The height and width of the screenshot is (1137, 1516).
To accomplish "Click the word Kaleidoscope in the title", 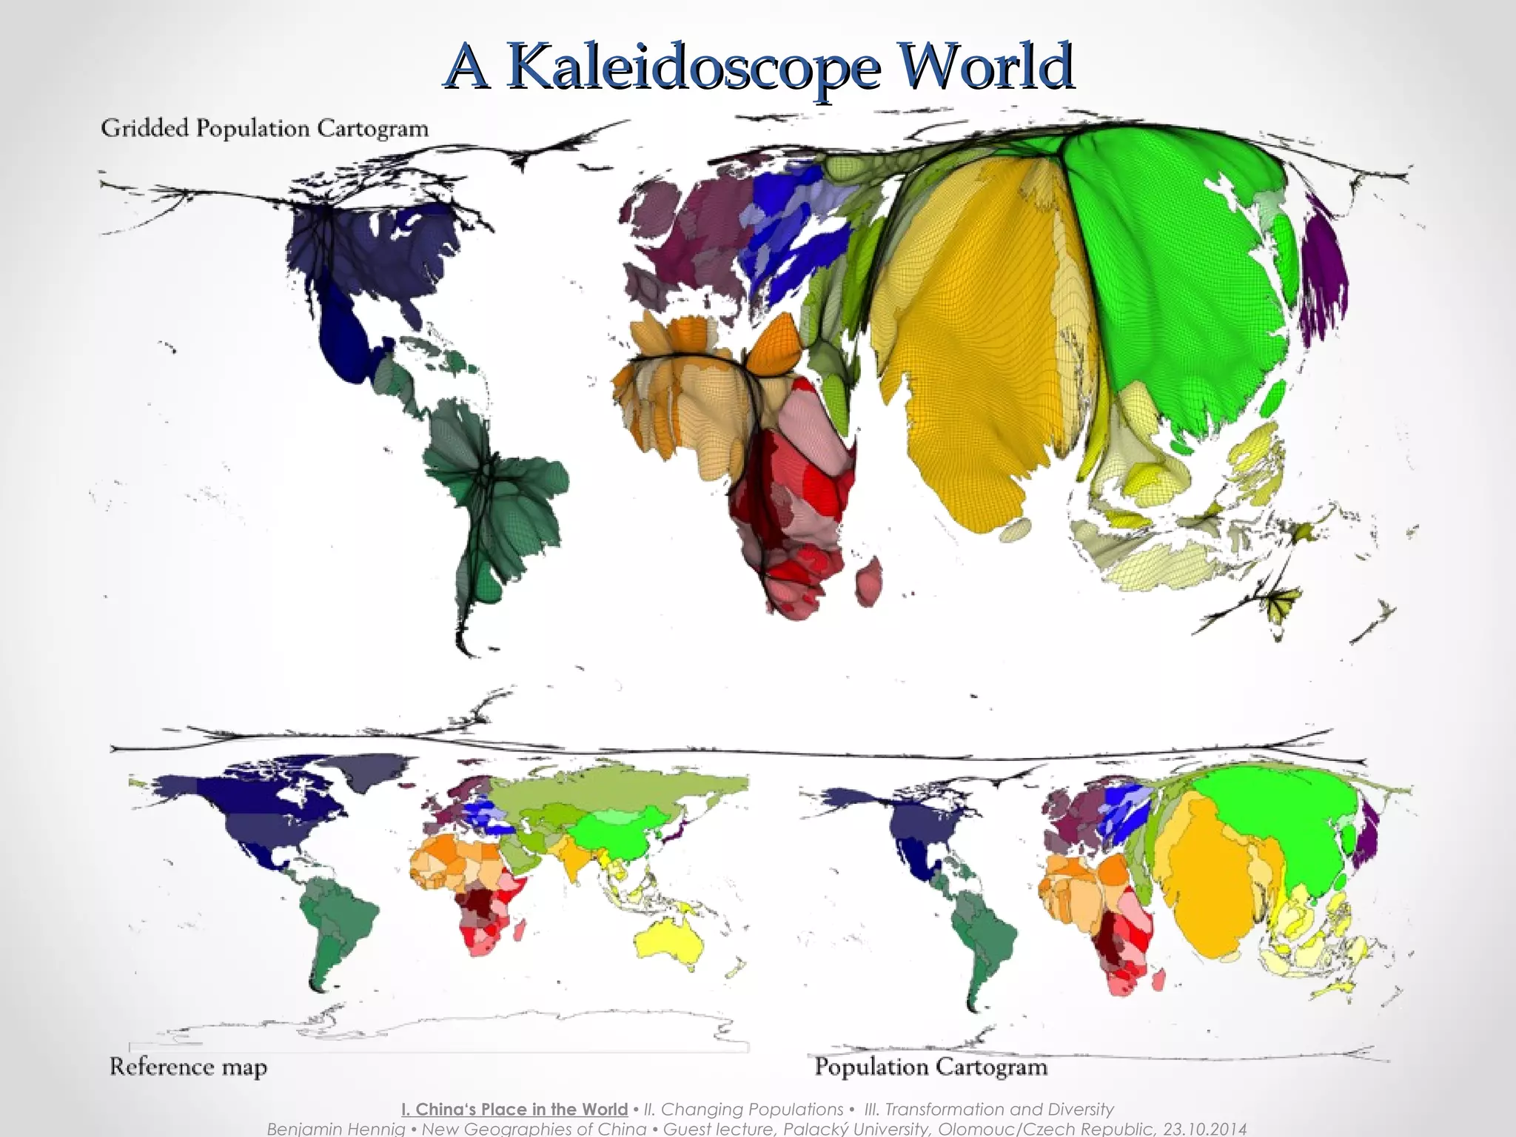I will (696, 67).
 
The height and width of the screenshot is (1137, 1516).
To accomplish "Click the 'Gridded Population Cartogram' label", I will (264, 128).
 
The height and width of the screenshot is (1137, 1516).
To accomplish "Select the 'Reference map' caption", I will (188, 1067).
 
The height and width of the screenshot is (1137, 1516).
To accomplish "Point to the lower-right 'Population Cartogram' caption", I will (930, 1067).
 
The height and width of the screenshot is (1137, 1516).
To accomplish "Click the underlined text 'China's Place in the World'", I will (514, 1110).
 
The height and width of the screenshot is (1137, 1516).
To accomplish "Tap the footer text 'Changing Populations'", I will (743, 1110).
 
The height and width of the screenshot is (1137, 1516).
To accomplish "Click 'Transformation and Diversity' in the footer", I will (989, 1110).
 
